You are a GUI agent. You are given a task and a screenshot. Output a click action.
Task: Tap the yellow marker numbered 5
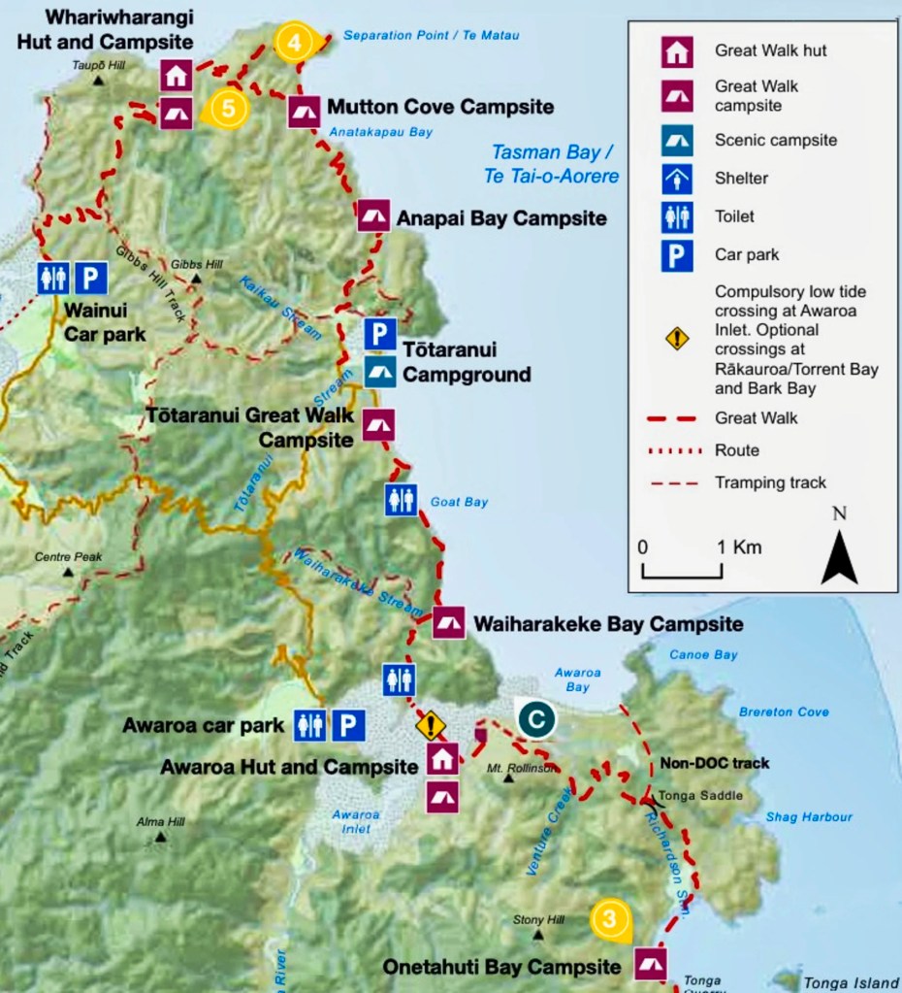point(227,108)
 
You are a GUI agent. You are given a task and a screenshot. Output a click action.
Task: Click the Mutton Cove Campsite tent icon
point(304,112)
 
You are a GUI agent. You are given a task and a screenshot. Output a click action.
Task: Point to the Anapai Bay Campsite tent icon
point(373,215)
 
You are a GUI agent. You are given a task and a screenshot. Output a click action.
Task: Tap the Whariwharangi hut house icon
point(176,75)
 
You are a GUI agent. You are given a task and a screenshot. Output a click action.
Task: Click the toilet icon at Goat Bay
point(401,500)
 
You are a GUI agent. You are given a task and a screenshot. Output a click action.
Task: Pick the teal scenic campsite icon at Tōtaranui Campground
point(380,372)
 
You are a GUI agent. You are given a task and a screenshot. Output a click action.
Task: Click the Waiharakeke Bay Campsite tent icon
point(448,622)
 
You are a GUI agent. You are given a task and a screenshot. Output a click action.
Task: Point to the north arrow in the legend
point(839,548)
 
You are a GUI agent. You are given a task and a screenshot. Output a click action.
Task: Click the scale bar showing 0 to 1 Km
point(682,572)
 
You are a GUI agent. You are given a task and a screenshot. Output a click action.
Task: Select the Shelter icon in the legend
point(676,178)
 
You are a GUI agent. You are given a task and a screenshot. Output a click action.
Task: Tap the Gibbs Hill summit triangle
point(196,280)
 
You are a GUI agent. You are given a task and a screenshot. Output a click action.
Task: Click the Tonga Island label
point(852,983)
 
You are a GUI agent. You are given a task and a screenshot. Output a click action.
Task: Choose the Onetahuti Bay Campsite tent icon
point(650,964)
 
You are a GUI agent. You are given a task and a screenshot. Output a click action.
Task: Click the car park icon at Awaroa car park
point(349,724)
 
